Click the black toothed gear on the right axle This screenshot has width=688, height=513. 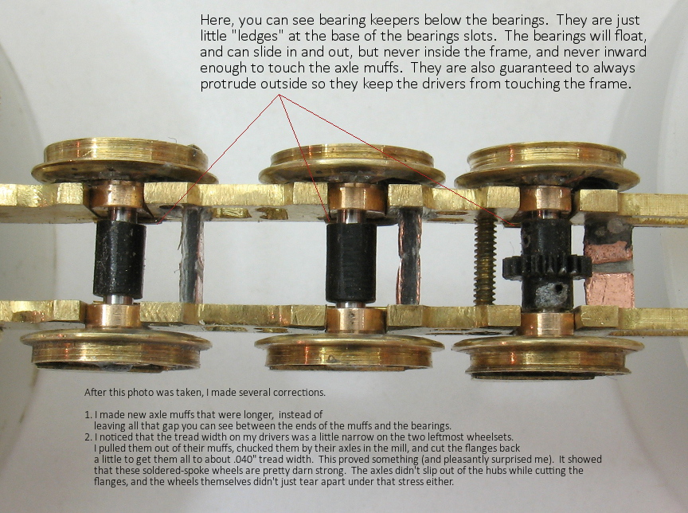[547, 267]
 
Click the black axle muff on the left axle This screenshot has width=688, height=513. [119, 260]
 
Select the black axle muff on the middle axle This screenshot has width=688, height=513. [350, 263]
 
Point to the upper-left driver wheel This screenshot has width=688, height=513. [124, 162]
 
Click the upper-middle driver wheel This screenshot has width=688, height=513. [351, 165]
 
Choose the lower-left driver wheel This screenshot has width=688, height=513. [115, 350]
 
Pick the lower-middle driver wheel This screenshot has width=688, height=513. [350, 352]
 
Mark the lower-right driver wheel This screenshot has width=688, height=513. [548, 356]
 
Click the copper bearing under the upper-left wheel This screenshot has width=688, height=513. [117, 196]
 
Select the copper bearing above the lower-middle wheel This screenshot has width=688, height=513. [356, 319]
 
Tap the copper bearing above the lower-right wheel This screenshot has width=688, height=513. [547, 324]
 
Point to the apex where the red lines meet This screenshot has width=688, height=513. [279, 95]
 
